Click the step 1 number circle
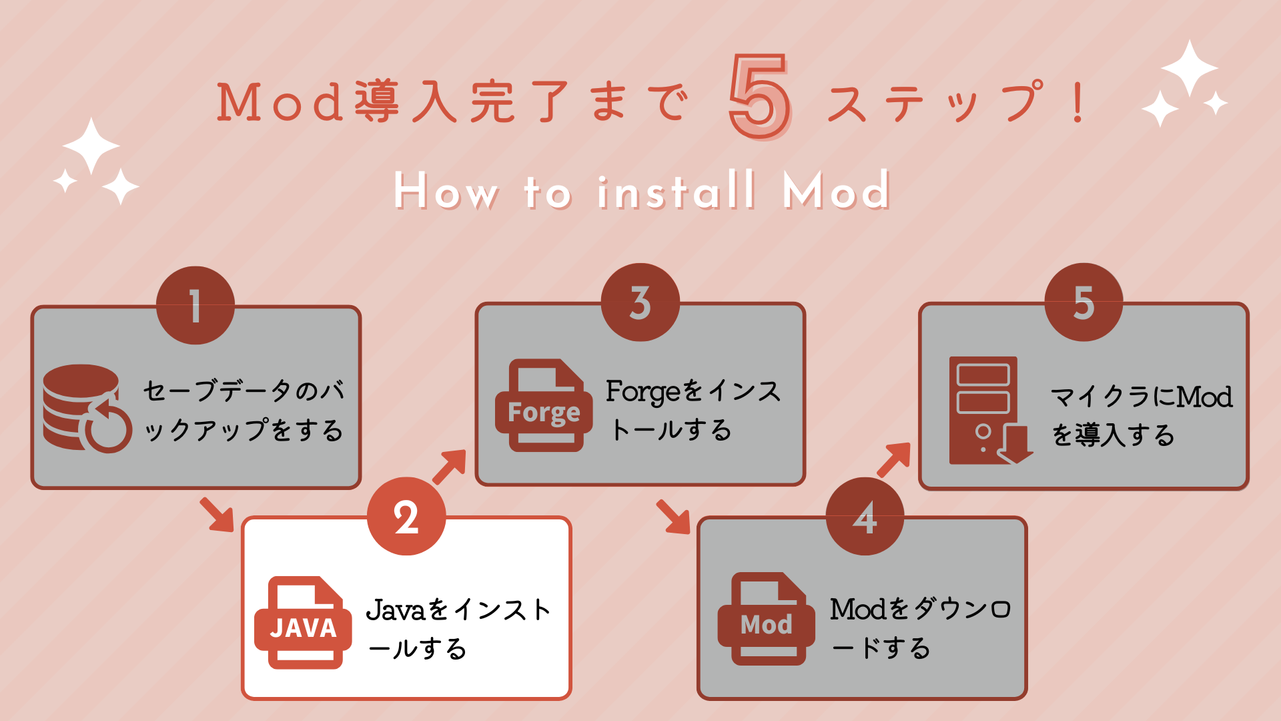[195, 306]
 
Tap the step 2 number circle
[406, 516]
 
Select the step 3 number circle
[640, 302]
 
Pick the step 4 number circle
[865, 516]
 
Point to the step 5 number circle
[1084, 302]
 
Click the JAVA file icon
[304, 622]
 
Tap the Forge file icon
[544, 405]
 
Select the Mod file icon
[767, 619]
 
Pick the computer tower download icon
[990, 410]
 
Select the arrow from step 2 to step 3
[450, 466]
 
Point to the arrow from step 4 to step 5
[894, 459]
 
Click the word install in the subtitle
[677, 191]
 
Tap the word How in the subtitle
[445, 191]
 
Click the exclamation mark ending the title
[1078, 102]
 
